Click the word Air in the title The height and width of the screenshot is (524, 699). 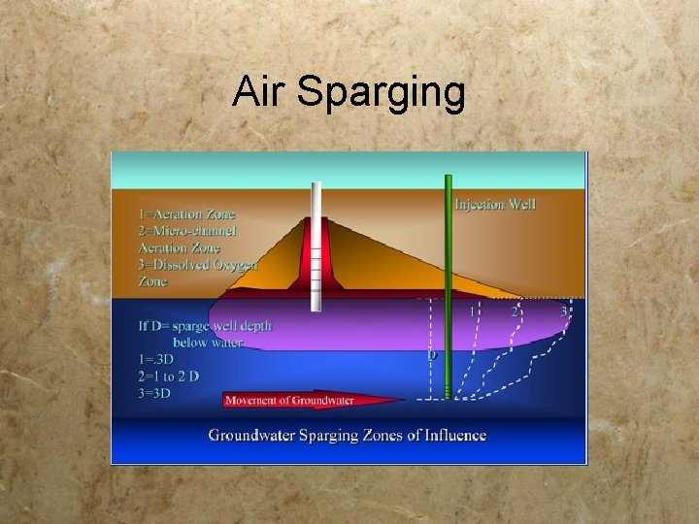coord(259,93)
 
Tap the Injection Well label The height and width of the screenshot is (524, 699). coord(495,204)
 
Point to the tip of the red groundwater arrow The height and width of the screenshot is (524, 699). coord(406,401)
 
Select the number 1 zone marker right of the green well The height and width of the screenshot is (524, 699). coord(473,311)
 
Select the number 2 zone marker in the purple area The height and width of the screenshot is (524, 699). coord(515,311)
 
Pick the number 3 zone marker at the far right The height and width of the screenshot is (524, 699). coord(563,311)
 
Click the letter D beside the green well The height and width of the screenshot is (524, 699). coord(432,355)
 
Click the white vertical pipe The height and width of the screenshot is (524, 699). coord(316,246)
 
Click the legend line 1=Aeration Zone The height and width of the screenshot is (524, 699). coord(186,213)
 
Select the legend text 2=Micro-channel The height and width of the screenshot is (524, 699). coord(186,231)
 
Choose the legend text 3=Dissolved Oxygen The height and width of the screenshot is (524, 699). coord(197,265)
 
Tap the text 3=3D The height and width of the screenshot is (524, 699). coord(155,392)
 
